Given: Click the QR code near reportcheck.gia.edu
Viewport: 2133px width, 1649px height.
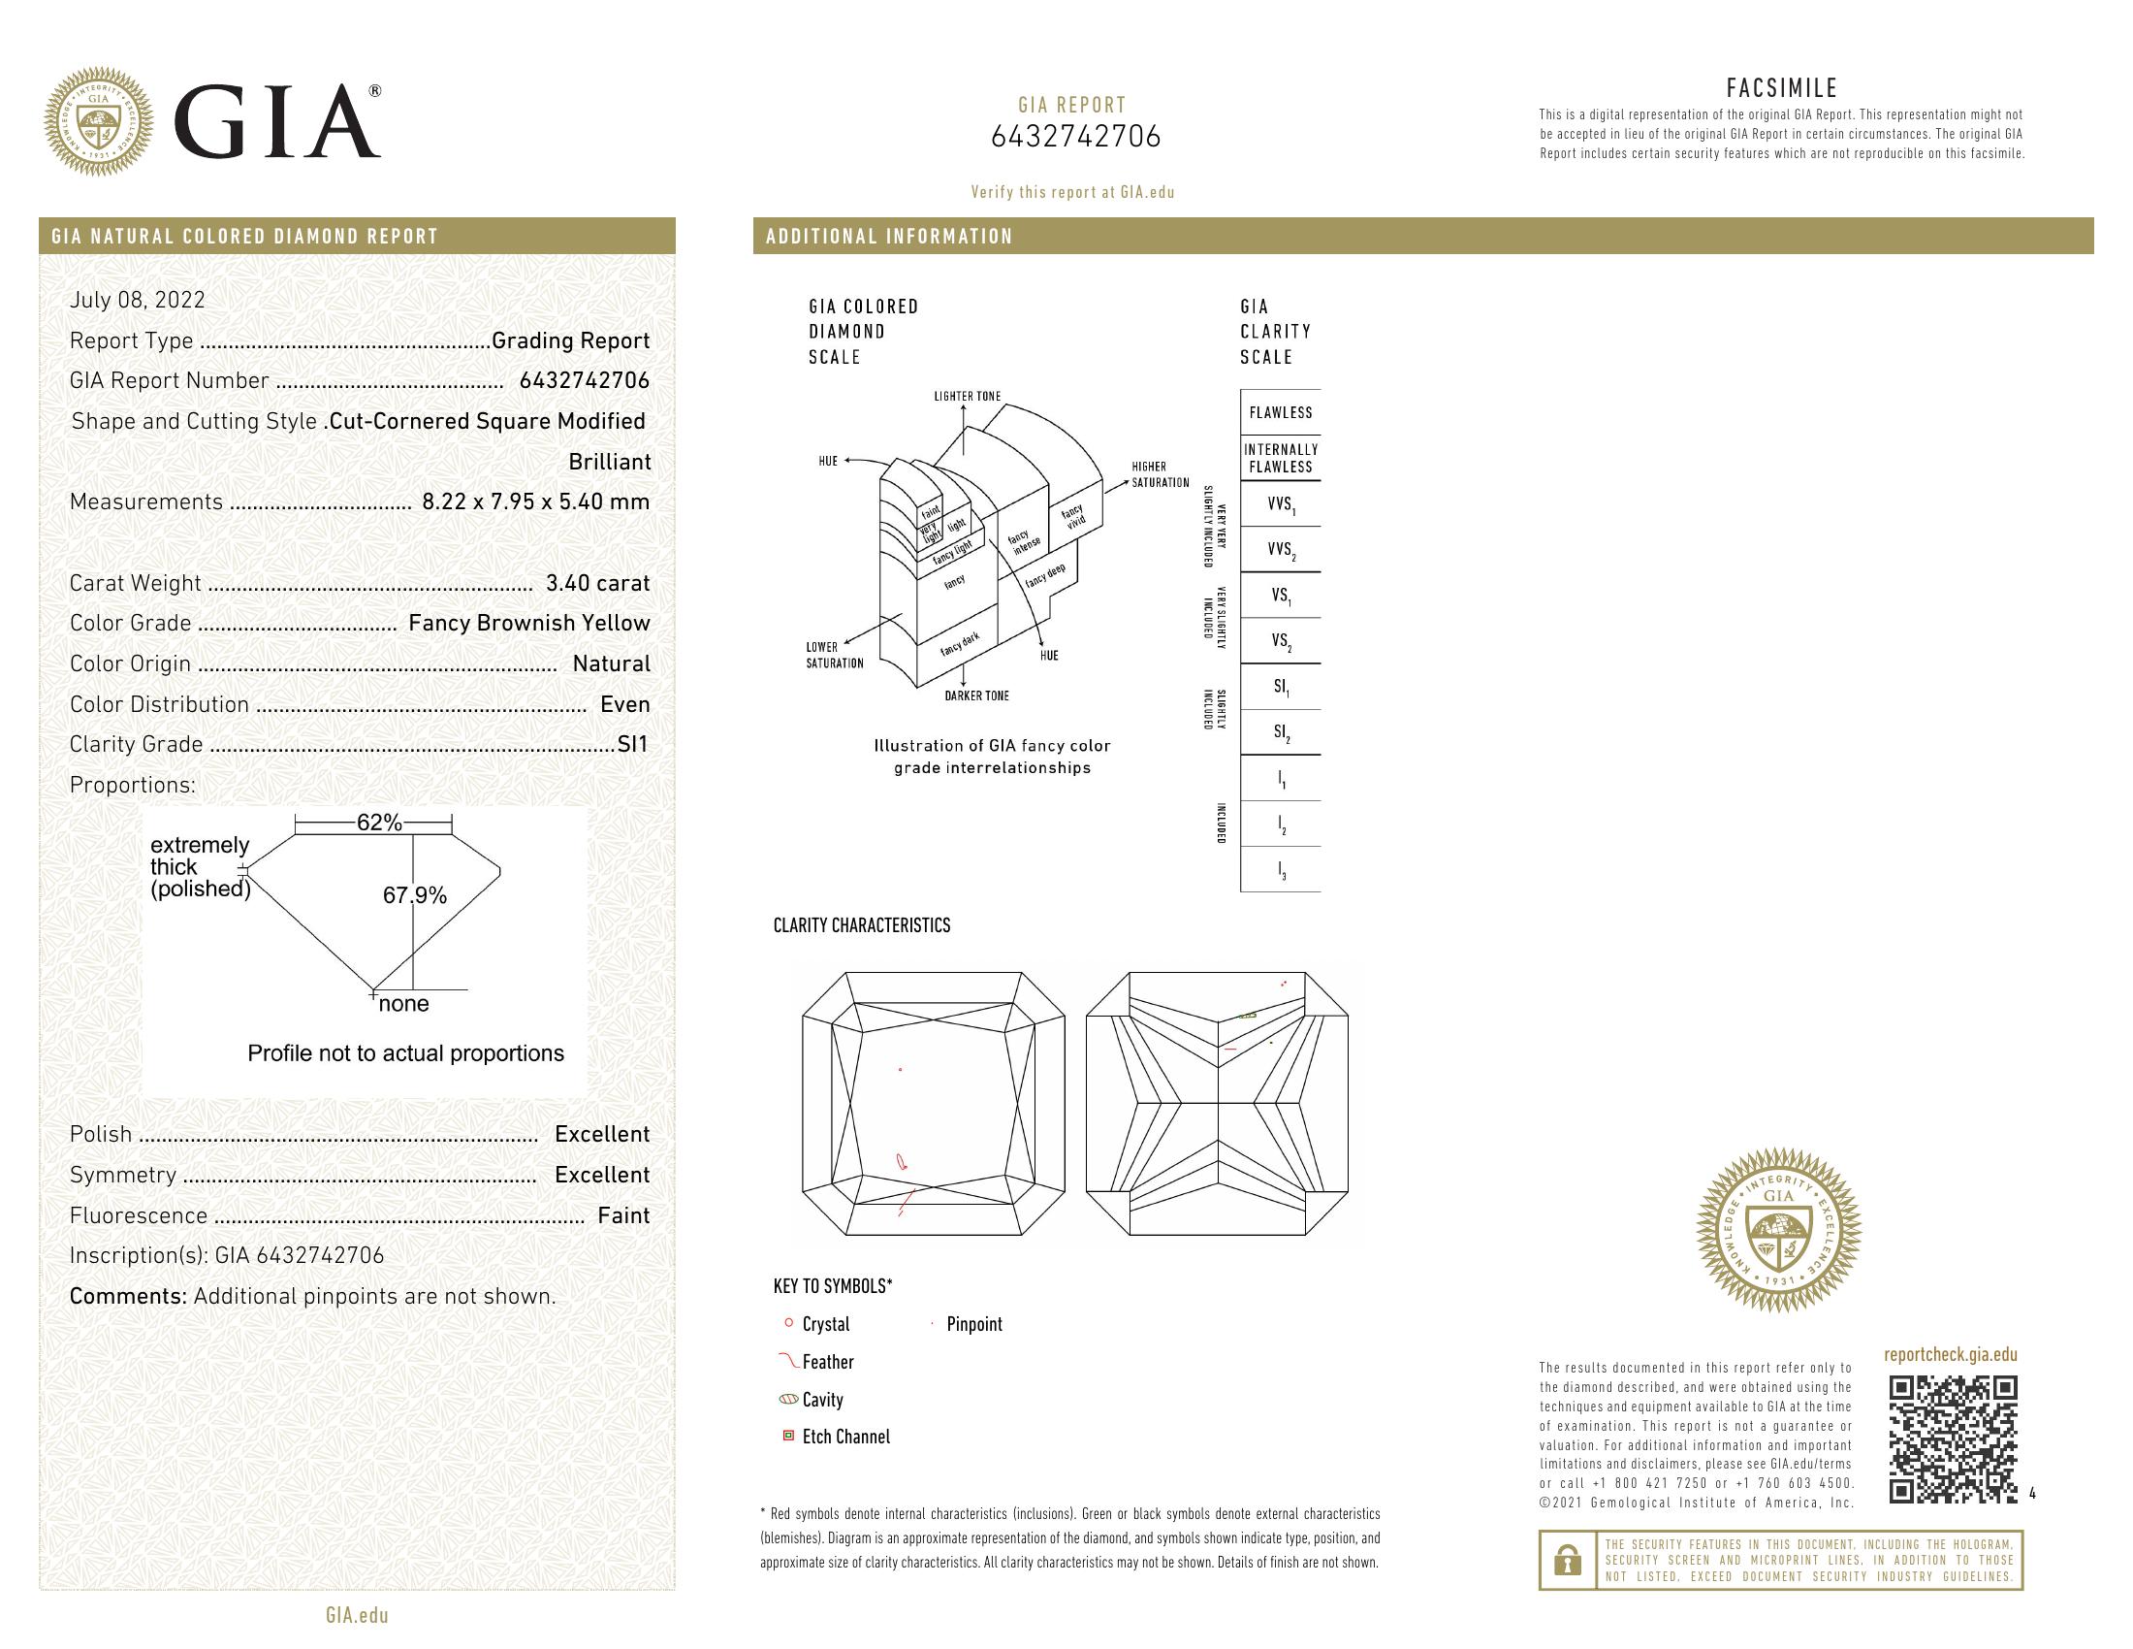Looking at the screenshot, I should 1953,1438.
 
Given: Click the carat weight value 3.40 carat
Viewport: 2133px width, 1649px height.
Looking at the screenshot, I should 596,583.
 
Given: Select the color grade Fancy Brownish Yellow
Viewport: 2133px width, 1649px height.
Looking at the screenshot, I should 528,624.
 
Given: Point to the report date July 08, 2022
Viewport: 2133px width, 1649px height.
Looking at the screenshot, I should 138,300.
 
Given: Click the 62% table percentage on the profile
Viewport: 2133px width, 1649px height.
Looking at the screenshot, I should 379,823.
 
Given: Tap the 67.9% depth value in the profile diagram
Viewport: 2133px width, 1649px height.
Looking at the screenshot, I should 414,895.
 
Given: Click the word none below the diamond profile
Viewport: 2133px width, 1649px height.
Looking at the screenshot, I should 403,1004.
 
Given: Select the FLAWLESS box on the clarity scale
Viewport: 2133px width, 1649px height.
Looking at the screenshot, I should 1281,412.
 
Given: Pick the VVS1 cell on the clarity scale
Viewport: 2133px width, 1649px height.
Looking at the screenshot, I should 1281,505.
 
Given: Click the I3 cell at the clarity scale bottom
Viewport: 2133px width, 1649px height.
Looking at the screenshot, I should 1281,869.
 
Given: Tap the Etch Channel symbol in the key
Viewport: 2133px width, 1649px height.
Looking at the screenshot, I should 788,1436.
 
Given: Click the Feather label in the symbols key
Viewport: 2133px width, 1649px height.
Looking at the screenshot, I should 827,1362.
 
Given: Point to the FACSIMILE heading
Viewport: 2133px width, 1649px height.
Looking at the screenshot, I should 1781,88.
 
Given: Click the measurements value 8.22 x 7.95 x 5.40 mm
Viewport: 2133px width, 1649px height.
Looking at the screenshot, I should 535,502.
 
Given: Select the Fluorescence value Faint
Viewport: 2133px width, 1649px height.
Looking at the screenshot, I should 623,1215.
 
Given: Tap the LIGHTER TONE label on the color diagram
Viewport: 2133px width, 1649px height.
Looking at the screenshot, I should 967,397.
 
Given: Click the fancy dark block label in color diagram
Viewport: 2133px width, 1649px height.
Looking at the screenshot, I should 960,645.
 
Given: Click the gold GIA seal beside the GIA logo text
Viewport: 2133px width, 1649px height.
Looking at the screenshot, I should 99,122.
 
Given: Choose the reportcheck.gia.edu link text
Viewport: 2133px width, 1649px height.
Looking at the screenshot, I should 1950,1354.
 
